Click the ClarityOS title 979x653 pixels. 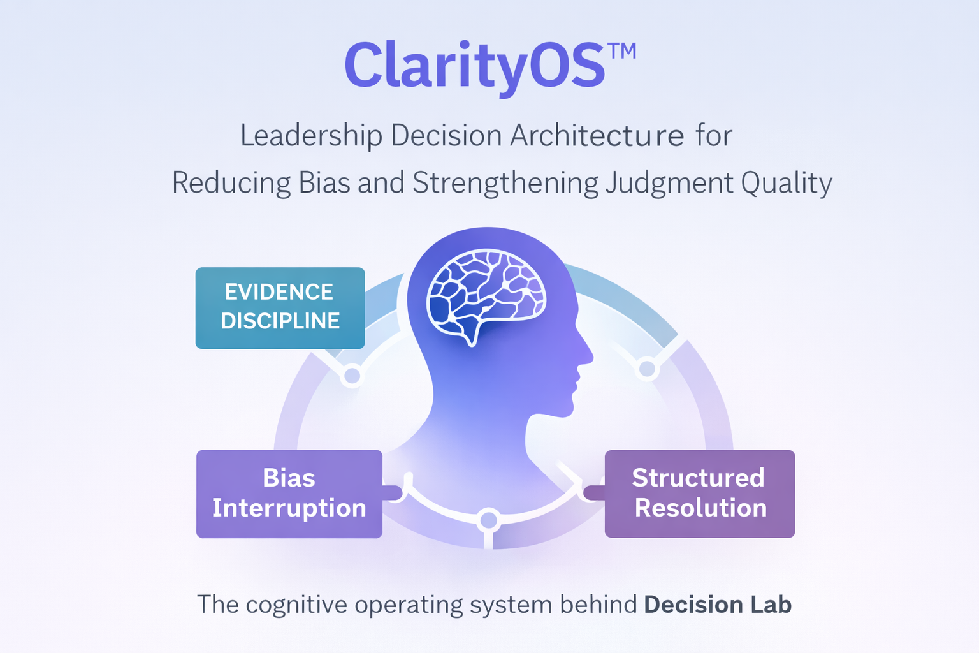(474, 66)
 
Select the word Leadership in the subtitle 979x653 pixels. (311, 135)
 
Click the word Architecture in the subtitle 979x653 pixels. (597, 135)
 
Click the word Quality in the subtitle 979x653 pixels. (787, 184)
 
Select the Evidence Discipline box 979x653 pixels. (280, 308)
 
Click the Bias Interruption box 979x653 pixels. (289, 494)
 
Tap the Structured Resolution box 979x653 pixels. (699, 494)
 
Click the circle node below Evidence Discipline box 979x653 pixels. (352, 376)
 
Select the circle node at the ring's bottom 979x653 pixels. (489, 520)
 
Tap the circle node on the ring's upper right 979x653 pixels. (647, 369)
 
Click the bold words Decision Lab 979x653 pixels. (718, 605)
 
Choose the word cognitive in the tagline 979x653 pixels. (296, 605)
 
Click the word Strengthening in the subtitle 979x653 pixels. (505, 184)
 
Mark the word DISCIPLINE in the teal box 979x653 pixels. (280, 321)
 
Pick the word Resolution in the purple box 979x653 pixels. (700, 508)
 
